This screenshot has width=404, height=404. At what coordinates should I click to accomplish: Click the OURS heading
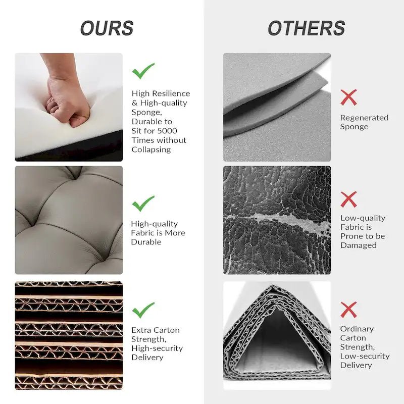tap(107, 28)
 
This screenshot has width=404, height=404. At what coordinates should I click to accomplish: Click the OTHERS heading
tap(307, 28)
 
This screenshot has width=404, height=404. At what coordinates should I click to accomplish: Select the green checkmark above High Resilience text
tap(143, 71)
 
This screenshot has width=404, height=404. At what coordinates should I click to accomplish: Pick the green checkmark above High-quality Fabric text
tap(143, 204)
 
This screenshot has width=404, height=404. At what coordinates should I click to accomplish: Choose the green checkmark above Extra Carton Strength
tap(143, 310)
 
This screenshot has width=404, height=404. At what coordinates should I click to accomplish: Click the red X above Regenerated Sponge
tap(348, 97)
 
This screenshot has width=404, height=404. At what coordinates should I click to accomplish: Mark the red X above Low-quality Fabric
tap(348, 199)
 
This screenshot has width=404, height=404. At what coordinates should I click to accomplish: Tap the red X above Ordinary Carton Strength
tap(348, 310)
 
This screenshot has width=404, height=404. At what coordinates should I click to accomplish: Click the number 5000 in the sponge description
tap(167, 131)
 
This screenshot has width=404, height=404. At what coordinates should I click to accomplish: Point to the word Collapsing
tap(151, 149)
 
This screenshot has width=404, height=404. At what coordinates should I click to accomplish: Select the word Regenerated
tap(364, 118)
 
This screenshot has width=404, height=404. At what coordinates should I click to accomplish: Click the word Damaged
tap(359, 245)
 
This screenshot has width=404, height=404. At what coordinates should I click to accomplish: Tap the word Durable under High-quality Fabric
tap(146, 242)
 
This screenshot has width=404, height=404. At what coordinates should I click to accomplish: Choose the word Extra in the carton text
tap(140, 330)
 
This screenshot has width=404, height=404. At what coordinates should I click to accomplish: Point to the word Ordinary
tap(357, 329)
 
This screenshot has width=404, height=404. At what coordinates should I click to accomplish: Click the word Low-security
tap(365, 357)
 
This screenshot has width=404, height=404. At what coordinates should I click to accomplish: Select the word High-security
tap(157, 348)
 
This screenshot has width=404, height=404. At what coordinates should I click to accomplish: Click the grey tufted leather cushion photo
tap(69, 220)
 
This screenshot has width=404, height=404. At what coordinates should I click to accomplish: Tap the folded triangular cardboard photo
tap(277, 335)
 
